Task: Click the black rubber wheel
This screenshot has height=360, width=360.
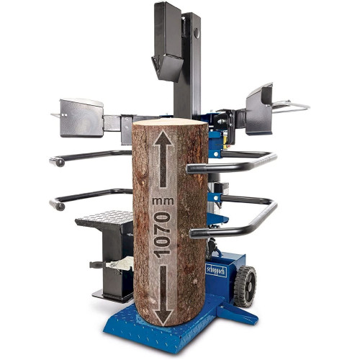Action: [245, 287]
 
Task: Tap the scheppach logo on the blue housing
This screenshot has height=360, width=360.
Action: [216, 271]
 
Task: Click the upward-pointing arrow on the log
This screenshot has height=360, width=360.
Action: [163, 158]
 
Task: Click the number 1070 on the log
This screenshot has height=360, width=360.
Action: [162, 235]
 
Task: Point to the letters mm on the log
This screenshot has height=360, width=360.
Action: [163, 201]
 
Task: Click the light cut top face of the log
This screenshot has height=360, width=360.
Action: [170, 122]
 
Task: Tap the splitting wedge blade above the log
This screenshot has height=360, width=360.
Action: [167, 66]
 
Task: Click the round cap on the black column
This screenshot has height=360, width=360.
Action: [197, 33]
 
